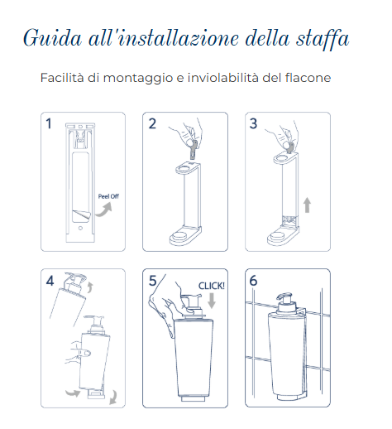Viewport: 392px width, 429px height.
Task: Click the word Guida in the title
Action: coord(46,39)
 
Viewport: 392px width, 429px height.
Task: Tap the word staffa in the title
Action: coord(321,39)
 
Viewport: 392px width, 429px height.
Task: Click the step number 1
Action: coord(49,124)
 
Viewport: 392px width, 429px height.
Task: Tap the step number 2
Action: coord(152,124)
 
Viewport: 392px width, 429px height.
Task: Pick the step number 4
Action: coord(50,281)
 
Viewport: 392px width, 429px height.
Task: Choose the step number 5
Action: coord(152,281)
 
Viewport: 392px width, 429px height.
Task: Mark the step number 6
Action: coord(254,281)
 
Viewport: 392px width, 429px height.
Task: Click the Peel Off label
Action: coord(108,197)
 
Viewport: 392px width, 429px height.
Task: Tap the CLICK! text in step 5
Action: coord(211,286)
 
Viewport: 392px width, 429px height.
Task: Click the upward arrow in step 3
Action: coord(308,204)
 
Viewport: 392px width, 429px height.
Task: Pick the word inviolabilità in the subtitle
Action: coord(231,79)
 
